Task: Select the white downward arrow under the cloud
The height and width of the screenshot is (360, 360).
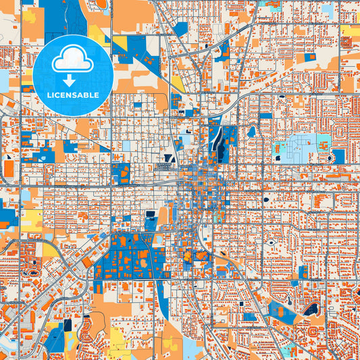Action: click(74, 80)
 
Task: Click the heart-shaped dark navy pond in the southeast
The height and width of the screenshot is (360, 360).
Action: click(311, 309)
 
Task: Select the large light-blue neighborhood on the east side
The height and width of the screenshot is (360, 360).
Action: click(297, 147)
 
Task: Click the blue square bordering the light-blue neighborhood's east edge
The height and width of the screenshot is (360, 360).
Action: click(337, 156)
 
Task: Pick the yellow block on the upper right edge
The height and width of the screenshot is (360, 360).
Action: click(350, 30)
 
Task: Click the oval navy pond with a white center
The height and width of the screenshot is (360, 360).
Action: click(271, 242)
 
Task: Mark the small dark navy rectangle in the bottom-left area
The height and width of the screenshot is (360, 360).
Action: click(68, 326)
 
